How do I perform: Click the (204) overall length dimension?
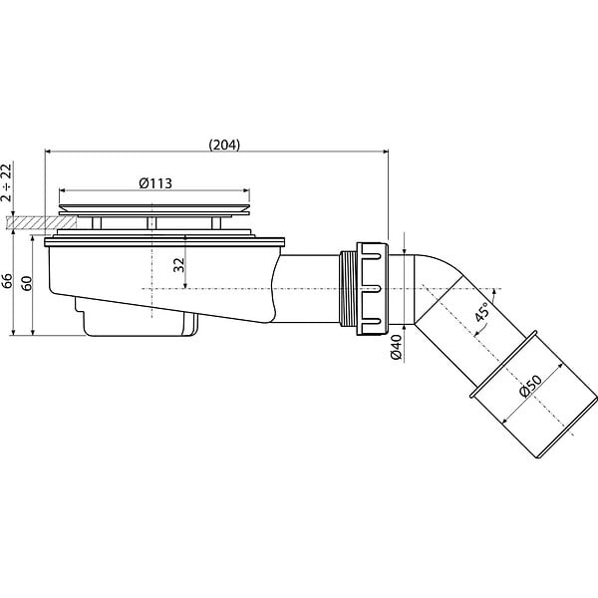pyautogui.click(x=224, y=145)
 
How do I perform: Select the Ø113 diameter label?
pyautogui.click(x=155, y=183)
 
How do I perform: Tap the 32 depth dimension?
pyautogui.click(x=178, y=265)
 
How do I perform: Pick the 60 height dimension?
pyautogui.click(x=27, y=283)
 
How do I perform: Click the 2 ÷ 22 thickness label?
pyautogui.click(x=7, y=182)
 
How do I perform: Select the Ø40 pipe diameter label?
pyautogui.click(x=397, y=347)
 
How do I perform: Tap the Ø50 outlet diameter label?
pyautogui.click(x=530, y=387)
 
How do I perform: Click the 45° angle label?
pyautogui.click(x=481, y=311)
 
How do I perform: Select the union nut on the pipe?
pyautogui.click(x=372, y=289)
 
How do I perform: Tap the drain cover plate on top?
pyautogui.click(x=154, y=209)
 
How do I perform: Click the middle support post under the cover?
pyautogui.click(x=151, y=222)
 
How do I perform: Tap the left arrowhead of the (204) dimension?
pyautogui.click(x=48, y=151)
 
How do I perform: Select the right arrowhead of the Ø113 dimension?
pyautogui.click(x=246, y=189)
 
